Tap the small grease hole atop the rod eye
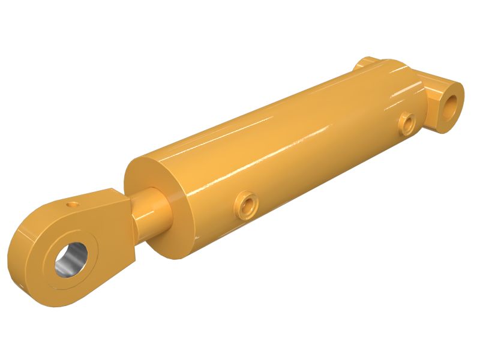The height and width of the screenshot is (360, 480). pos(73,205)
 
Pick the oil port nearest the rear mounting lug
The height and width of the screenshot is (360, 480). pos(409,123)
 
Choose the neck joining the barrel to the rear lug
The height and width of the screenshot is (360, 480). pos(423,90)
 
